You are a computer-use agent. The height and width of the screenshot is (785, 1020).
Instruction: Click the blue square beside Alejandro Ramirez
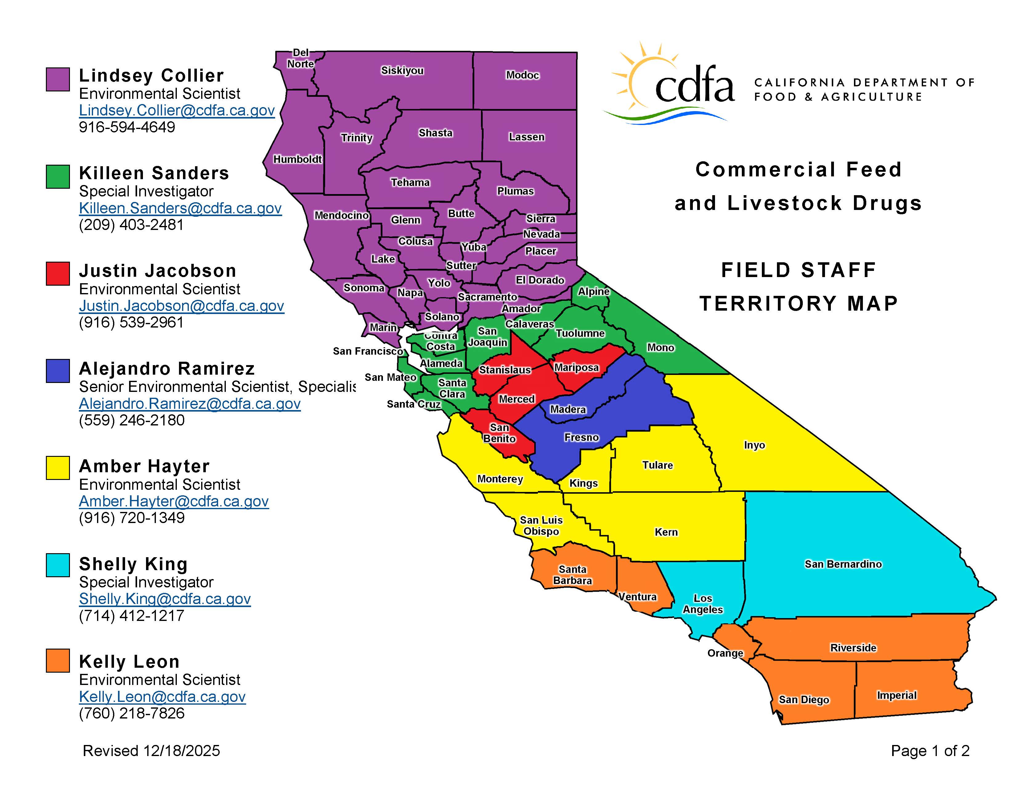(x=58, y=371)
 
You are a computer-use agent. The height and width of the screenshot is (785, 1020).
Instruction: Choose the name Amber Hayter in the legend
(x=144, y=466)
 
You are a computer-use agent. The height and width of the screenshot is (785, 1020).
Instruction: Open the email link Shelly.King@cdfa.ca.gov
(x=165, y=599)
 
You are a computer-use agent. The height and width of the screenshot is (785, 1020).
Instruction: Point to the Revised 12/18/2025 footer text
(x=151, y=751)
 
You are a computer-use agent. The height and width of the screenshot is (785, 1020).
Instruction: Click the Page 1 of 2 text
(x=930, y=751)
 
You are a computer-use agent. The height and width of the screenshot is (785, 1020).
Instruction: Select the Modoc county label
(x=522, y=75)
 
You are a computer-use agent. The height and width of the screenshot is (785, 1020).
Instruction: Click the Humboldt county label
(x=298, y=159)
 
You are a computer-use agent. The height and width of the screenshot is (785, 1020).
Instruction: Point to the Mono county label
(x=660, y=348)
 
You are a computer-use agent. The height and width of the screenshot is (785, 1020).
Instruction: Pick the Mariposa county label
(x=576, y=368)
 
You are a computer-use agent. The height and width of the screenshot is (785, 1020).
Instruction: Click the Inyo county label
(x=754, y=445)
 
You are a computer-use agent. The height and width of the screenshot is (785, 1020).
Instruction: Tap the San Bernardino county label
(x=843, y=564)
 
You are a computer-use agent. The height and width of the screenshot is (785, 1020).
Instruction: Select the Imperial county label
(x=896, y=695)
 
